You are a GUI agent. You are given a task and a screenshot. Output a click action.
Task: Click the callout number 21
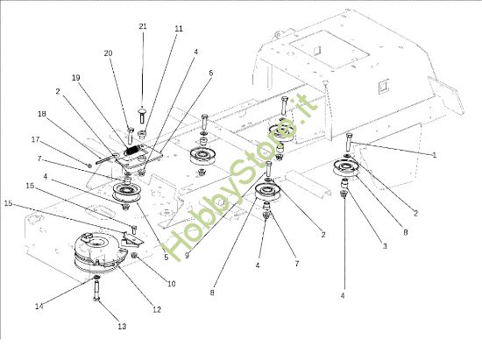[x=143, y=27]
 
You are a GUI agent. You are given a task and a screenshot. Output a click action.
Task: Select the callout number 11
[x=179, y=29]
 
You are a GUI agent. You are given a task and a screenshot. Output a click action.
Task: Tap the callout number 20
[x=109, y=53]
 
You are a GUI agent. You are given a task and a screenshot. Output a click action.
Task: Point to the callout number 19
[x=76, y=78]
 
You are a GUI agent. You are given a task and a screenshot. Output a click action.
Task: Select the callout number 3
[x=384, y=248]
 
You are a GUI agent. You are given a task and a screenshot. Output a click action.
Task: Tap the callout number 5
[x=166, y=258]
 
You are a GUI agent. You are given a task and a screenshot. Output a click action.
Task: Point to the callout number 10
[x=172, y=285]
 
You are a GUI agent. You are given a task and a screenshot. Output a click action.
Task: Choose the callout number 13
[x=121, y=326]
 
